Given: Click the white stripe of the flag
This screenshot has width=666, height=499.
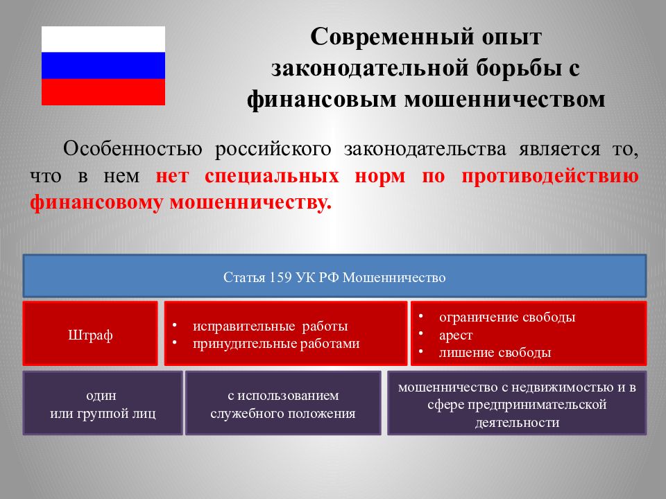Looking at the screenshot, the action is [x=103, y=40].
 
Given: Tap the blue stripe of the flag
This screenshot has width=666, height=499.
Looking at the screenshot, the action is [x=103, y=66].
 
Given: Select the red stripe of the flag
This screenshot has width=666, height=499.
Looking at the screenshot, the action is [x=103, y=91].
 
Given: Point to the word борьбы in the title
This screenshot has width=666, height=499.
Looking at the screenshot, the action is [x=515, y=69].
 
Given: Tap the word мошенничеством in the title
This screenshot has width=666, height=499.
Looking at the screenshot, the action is [x=504, y=99].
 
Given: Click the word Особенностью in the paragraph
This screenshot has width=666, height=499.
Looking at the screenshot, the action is [x=133, y=150].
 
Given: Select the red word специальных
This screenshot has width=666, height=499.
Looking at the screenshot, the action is [x=272, y=176].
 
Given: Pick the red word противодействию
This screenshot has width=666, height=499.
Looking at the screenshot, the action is [x=550, y=176].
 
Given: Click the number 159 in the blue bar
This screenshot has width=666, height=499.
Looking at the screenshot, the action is [x=280, y=277].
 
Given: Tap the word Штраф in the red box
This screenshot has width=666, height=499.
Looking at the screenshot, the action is [x=90, y=335].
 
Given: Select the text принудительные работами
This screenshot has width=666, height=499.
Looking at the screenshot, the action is [x=276, y=344].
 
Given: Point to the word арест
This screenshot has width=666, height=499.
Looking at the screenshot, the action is [x=456, y=335].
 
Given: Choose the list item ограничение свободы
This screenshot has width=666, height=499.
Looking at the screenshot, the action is [x=507, y=317].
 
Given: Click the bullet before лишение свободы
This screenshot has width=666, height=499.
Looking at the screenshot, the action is [x=421, y=352].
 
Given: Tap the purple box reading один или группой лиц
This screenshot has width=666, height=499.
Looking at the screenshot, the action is [x=103, y=403].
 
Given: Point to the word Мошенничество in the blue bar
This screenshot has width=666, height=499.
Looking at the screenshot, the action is [x=394, y=277].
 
